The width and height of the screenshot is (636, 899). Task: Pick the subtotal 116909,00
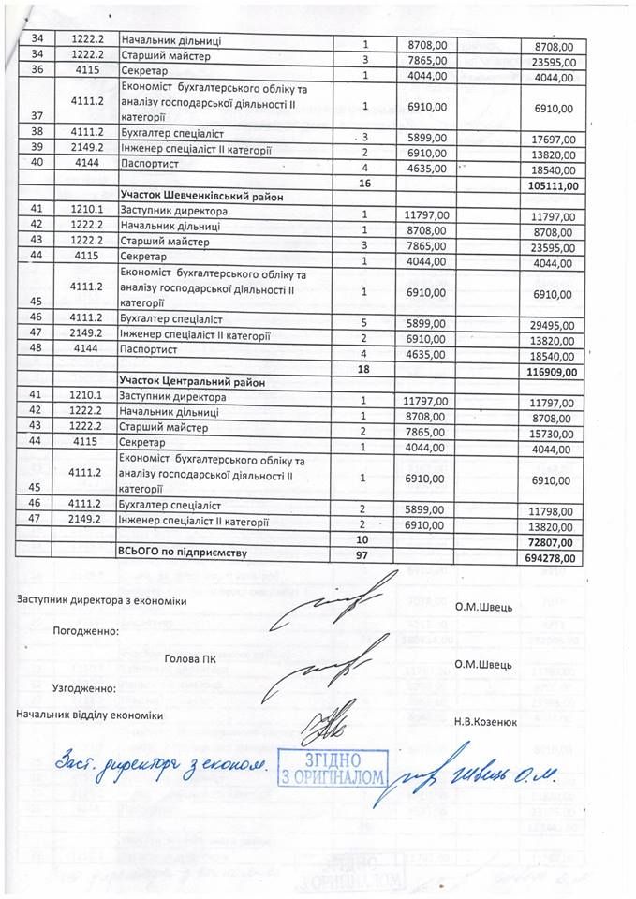pos(550,370)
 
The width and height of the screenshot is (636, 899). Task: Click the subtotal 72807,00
pos(553,541)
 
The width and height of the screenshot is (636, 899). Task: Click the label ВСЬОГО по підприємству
pos(183,553)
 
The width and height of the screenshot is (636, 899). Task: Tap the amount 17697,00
pos(555,139)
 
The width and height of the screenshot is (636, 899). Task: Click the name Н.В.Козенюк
pos(486,721)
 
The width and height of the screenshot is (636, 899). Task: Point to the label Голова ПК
pos(189,658)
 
